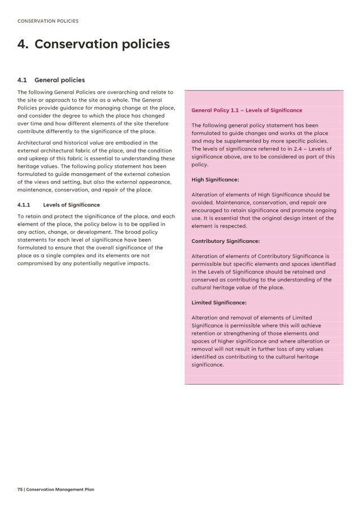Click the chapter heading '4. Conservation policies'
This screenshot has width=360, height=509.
coord(94,44)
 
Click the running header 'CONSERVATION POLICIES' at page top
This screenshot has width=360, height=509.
coord(48,21)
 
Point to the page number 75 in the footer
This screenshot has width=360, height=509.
coord(20,489)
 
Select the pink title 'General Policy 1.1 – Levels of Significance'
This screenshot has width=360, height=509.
coord(247,111)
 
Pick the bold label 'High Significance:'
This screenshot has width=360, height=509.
coord(215,180)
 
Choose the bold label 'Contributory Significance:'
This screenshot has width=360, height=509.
coord(225,241)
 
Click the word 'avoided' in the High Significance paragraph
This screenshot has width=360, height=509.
coord(203,203)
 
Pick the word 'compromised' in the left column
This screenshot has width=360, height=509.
coord(38,264)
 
